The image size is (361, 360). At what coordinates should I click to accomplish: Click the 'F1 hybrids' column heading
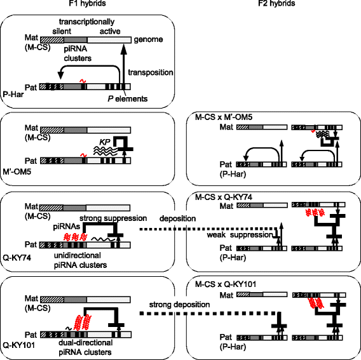[x=88, y=3]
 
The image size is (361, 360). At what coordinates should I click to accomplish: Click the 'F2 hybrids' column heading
[x=276, y=3]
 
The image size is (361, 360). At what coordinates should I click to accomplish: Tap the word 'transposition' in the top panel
[x=151, y=72]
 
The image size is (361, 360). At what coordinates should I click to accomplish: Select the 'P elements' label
[x=128, y=99]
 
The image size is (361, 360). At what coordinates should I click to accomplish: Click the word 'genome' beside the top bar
[x=149, y=39]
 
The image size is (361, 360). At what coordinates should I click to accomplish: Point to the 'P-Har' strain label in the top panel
[x=13, y=94]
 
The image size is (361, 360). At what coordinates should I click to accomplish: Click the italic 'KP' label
[x=105, y=142]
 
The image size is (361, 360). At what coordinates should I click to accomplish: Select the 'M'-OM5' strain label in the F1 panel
[x=17, y=171]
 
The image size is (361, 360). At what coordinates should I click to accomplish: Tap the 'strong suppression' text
[x=113, y=218]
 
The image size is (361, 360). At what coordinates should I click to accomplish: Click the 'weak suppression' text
[x=240, y=235]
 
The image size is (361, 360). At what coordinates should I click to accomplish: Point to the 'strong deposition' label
[x=180, y=305]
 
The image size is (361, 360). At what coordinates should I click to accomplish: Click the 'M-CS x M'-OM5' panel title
[x=224, y=117]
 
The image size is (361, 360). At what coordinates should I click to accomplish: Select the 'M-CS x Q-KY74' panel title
[x=224, y=197]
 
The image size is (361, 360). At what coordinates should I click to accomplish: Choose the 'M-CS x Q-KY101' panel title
[x=226, y=284]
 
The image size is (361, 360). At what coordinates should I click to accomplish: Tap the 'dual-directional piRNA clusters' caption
[x=85, y=347]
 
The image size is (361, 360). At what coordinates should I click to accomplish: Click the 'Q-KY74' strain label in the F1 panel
[x=17, y=258]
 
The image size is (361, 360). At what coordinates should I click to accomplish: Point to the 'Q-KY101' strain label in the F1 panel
[x=18, y=345]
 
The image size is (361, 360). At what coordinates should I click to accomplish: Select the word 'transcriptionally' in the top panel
[x=87, y=22]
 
